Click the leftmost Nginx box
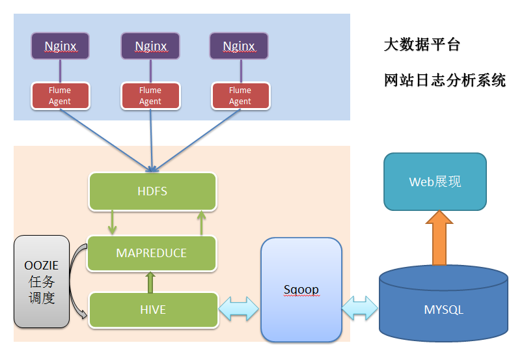point(61,46)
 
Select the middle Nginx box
point(150,46)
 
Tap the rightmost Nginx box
point(239,46)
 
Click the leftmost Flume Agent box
point(60,96)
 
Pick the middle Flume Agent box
point(150,96)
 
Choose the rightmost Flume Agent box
point(240,96)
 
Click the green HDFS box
point(152,191)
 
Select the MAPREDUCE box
point(151,253)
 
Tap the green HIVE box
point(153,310)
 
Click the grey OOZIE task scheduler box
point(42,281)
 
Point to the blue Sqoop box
point(301,290)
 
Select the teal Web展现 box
point(435,182)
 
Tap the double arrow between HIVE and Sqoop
point(239,309)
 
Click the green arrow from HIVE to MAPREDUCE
point(151,282)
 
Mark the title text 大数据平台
point(422,45)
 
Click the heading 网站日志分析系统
point(445,81)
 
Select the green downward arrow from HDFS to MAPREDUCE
point(113,222)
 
